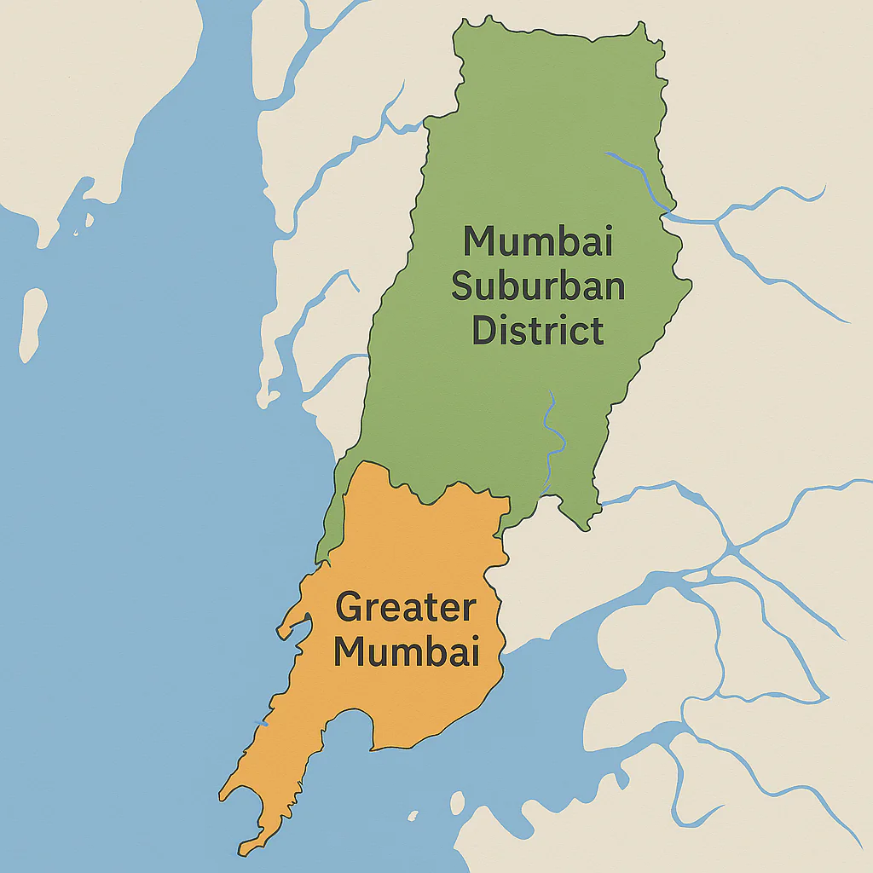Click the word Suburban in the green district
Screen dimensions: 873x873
pyautogui.click(x=538, y=286)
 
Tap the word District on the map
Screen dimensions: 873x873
pyautogui.click(x=538, y=331)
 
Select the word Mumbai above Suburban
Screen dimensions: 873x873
pyautogui.click(x=538, y=241)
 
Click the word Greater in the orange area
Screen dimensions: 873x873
pyautogui.click(x=405, y=609)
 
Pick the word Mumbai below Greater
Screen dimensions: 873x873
pyautogui.click(x=405, y=653)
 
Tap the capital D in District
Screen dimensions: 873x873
pyautogui.click(x=485, y=331)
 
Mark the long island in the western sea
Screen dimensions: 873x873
pyautogui.click(x=32, y=324)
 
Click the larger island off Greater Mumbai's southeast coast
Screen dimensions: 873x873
pyautogui.click(x=457, y=802)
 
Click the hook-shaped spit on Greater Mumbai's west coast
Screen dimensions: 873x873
pyautogui.click(x=290, y=627)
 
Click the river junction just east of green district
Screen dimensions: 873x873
pyautogui.click(x=716, y=223)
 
